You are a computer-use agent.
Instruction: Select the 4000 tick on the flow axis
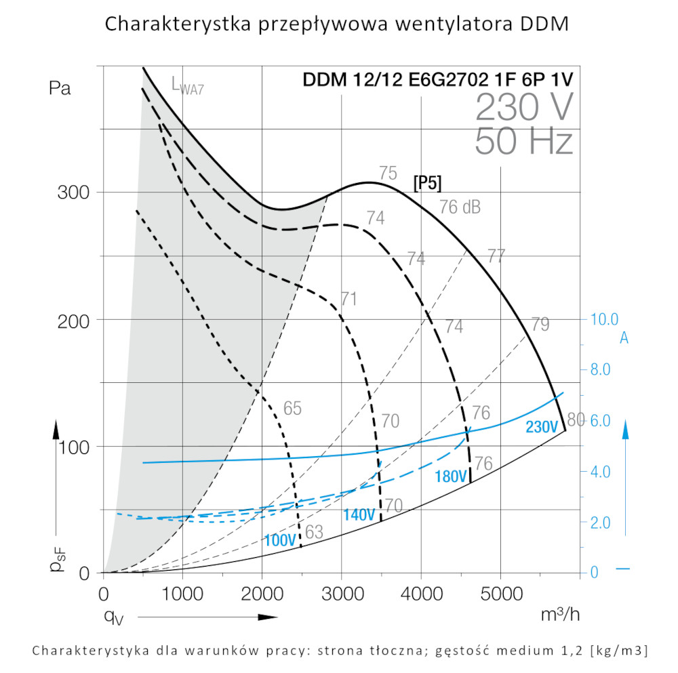point(420,594)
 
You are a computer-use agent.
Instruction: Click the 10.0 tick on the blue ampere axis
point(605,319)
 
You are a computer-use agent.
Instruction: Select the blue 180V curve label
point(450,476)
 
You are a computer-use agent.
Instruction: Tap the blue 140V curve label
point(359,514)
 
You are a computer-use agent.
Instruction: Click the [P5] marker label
point(427,184)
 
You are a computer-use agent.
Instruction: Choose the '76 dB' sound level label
point(460,207)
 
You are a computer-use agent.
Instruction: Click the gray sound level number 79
point(540,324)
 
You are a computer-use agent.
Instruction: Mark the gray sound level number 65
point(292,409)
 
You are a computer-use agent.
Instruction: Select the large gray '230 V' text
point(524,107)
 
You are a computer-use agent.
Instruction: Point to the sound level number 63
point(314,532)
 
